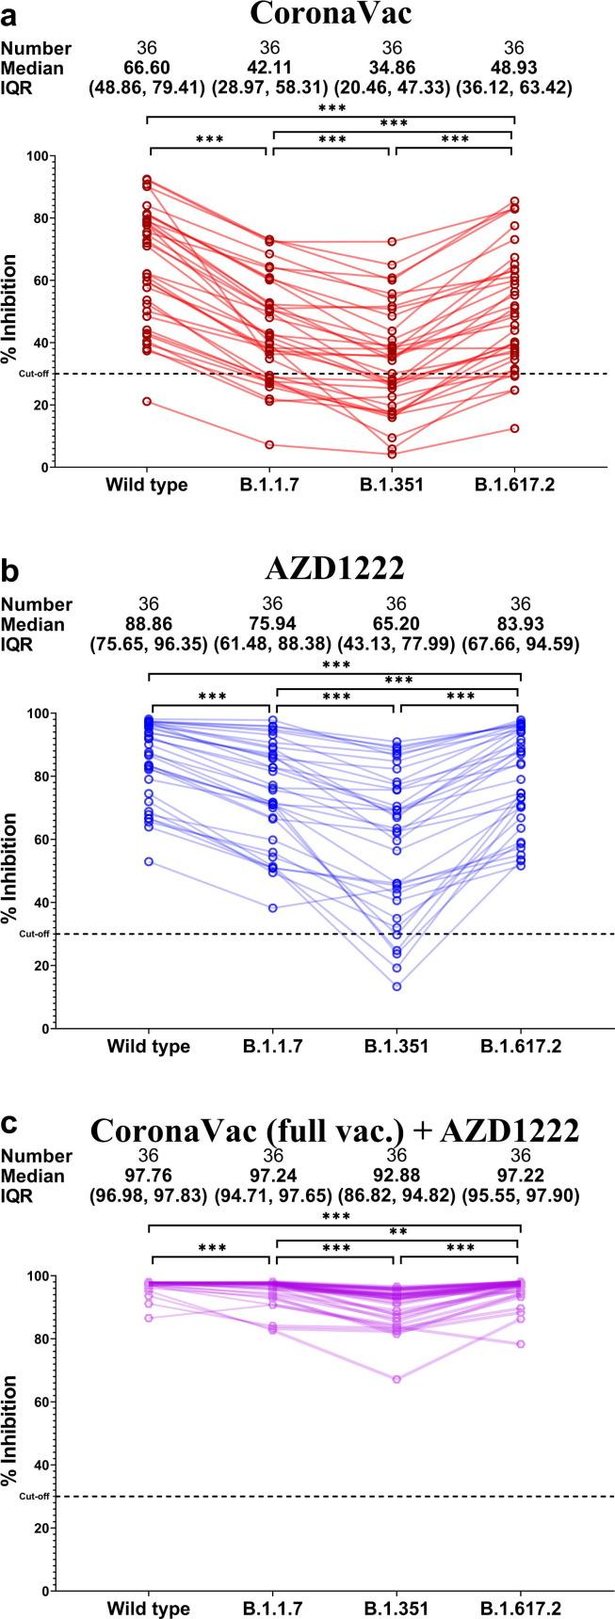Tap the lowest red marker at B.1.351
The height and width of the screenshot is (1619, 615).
point(392,455)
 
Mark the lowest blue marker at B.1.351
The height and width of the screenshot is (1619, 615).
point(397,986)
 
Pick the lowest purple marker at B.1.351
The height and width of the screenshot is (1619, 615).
point(397,1379)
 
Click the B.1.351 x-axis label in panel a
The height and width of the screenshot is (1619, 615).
point(392,485)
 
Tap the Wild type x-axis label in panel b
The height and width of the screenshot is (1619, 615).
point(148,1047)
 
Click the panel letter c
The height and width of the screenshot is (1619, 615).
point(8,1124)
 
